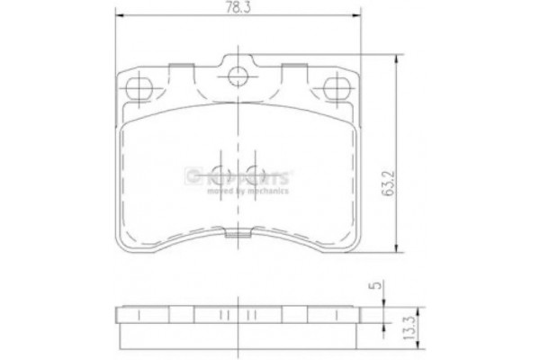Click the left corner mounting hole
tap(139, 87)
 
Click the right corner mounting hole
tap(337, 87)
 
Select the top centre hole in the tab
tap(238, 76)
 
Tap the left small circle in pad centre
tap(221, 175)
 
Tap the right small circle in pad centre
tap(255, 175)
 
